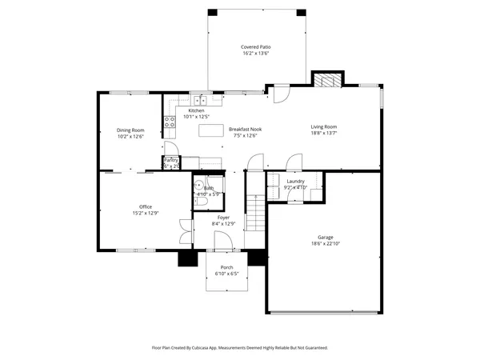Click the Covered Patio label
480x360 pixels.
(x=254, y=47)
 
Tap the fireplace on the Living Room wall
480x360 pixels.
(x=326, y=79)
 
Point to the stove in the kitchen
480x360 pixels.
(x=170, y=122)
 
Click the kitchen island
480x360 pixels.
(x=210, y=130)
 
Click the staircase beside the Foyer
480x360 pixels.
(x=254, y=211)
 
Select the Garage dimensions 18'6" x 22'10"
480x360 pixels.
(x=325, y=243)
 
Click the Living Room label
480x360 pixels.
(x=324, y=126)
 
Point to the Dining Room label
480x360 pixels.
(x=130, y=130)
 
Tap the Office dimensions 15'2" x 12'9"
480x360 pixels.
(x=145, y=213)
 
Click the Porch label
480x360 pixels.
(x=227, y=267)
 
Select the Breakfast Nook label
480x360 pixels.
(x=245, y=129)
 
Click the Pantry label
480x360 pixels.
(x=171, y=160)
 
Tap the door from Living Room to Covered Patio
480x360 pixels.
(x=278, y=97)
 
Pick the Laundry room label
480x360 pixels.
(x=295, y=182)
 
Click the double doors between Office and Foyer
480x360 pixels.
(x=185, y=230)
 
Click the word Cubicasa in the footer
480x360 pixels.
(x=215, y=348)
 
